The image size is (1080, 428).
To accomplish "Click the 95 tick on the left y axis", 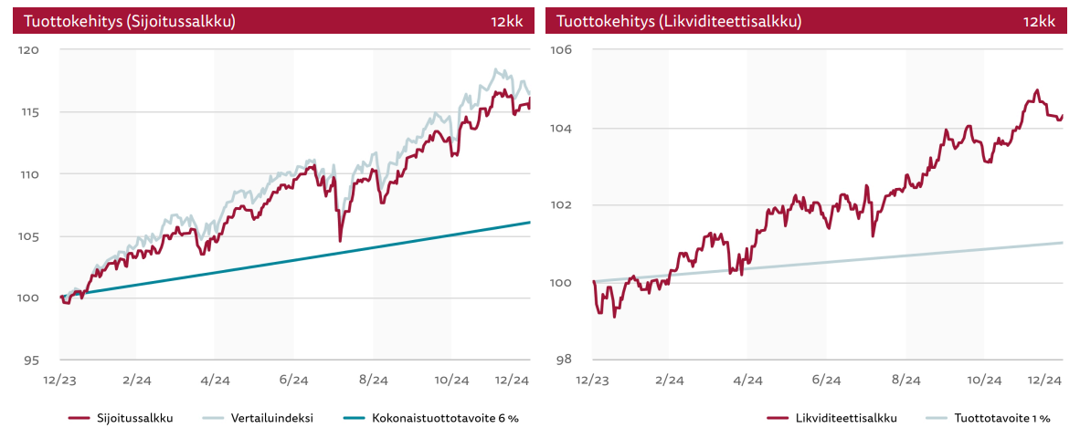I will click(x=32, y=360).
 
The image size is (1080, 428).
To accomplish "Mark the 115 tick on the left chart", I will click(x=30, y=112).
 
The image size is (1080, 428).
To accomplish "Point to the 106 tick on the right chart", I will click(x=561, y=50).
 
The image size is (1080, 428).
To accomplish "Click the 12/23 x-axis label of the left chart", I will click(x=59, y=379).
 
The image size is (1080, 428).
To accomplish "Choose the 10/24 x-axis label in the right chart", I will click(x=983, y=379).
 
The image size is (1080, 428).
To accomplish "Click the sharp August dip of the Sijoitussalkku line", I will click(x=340, y=240).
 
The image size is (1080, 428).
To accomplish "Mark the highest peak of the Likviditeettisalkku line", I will click(x=1036, y=90).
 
